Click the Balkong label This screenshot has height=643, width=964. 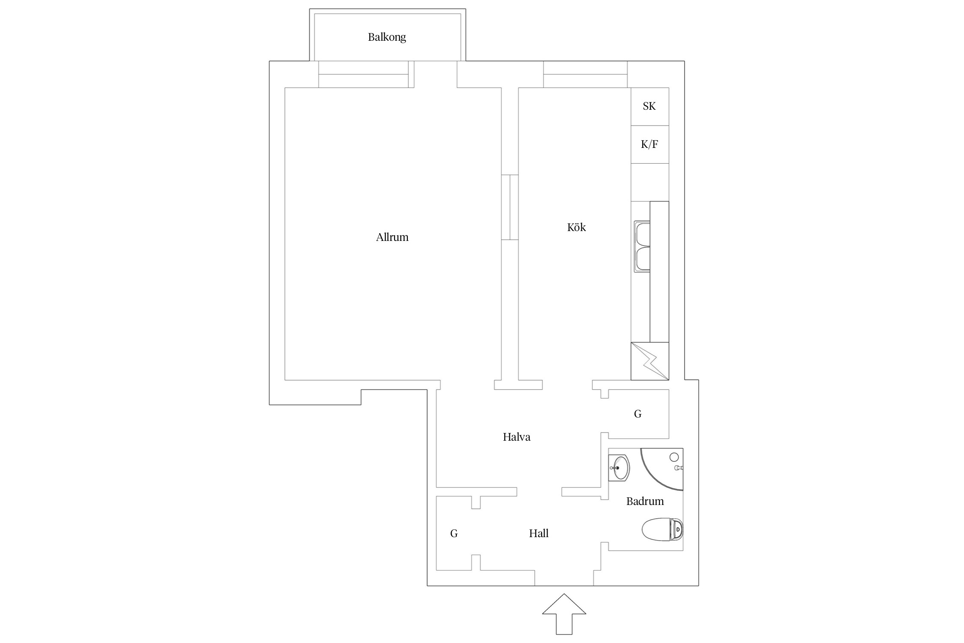point(386,37)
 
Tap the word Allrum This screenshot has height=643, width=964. point(392,237)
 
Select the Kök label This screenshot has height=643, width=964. point(576,227)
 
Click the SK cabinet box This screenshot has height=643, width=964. point(650,106)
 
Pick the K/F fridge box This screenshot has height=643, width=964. point(650,144)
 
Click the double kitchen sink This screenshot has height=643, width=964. point(642,246)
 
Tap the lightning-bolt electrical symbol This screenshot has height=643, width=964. point(650,361)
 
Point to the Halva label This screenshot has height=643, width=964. point(516,437)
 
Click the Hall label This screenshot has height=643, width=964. point(539,533)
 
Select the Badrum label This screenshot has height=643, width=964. point(645,501)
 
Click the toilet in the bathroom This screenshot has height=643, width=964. point(662,529)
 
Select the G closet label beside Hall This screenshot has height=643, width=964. point(454,533)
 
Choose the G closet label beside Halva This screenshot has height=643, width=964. point(638,414)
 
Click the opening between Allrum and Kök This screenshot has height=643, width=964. point(510,207)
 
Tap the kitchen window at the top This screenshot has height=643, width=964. point(585,74)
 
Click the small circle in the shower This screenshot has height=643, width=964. point(674,457)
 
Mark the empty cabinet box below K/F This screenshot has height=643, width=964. point(650,182)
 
